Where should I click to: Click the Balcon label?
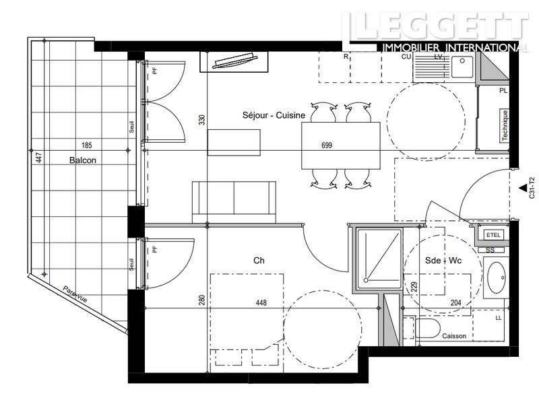(x=82, y=161)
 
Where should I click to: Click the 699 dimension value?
(x=327, y=145)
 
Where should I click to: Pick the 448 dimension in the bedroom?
(x=261, y=303)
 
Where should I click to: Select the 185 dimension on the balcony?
(x=86, y=145)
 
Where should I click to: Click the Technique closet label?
(x=503, y=126)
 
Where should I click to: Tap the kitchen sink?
(x=462, y=66)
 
